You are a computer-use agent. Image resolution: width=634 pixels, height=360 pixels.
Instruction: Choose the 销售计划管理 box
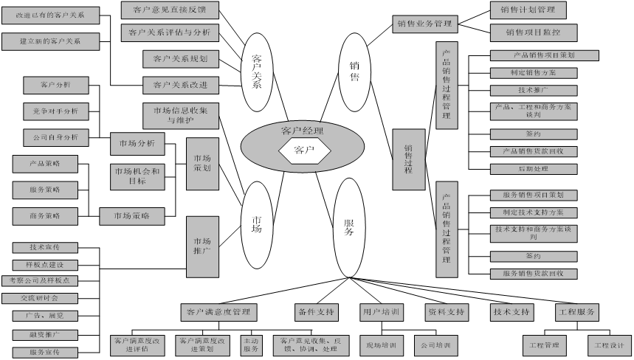tap(528, 10)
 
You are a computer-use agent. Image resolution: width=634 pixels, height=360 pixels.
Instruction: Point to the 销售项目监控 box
tap(533, 32)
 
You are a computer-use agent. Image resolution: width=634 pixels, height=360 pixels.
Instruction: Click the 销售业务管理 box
tap(423, 24)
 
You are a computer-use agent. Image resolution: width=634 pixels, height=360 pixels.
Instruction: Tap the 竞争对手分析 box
tap(56, 111)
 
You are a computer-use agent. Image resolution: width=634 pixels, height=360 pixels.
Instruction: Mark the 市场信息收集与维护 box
tap(181, 116)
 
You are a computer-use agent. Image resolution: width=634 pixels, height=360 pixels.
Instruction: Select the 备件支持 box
tap(316, 312)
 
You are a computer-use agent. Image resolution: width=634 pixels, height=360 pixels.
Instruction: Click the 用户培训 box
tap(381, 312)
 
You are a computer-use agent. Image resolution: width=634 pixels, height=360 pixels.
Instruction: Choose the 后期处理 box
tap(533, 168)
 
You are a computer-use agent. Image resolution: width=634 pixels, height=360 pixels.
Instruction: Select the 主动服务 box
tap(251, 345)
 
